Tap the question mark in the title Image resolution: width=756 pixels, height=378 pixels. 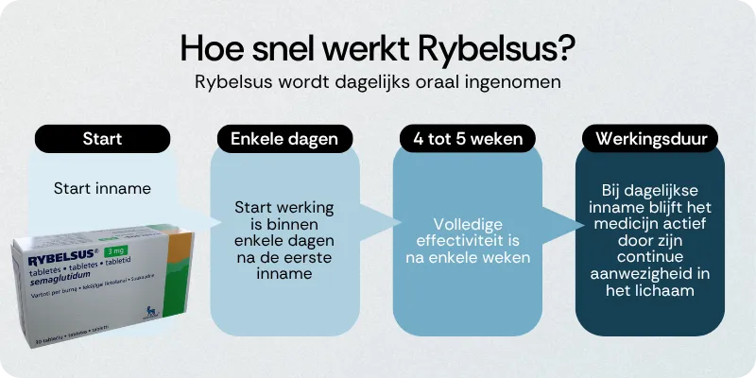[568, 46]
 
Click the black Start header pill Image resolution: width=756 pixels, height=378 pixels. [102, 139]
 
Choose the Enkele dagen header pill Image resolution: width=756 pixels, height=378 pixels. [284, 139]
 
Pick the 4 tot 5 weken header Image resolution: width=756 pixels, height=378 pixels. [467, 139]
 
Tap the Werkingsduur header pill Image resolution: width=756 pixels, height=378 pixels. [649, 139]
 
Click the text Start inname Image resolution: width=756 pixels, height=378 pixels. [102, 188]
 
